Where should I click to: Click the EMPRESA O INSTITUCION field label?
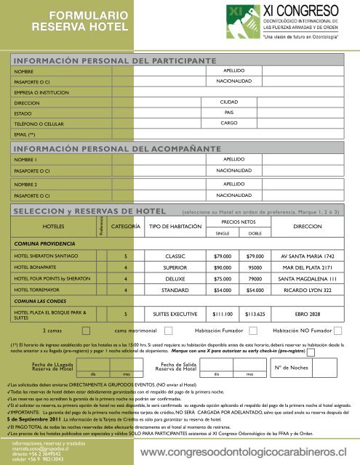(x=43, y=93)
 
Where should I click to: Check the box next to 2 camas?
(x=86, y=330)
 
